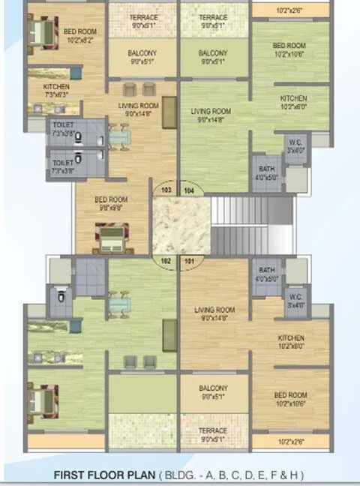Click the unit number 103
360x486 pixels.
(x=166, y=190)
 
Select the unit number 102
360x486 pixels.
(x=166, y=262)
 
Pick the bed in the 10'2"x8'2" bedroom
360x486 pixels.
(x=40, y=32)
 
